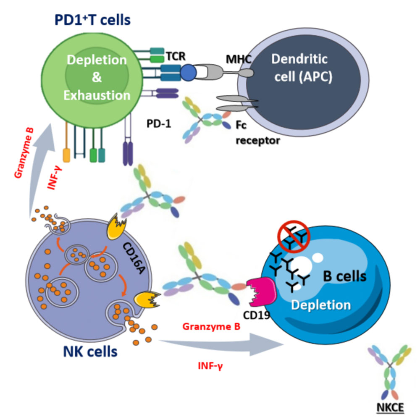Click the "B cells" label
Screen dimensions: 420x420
tap(345, 276)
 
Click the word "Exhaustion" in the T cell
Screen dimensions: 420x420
tap(97, 95)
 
